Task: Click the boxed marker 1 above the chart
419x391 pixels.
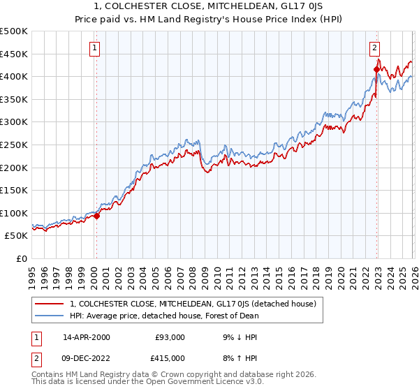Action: point(94,48)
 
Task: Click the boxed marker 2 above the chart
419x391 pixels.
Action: point(374,48)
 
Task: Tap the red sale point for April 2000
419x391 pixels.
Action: point(96,216)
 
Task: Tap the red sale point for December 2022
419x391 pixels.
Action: point(376,69)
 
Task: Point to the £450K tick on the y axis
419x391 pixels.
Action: point(14,54)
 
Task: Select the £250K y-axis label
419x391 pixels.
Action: point(14,145)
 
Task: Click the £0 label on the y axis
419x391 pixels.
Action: point(20,258)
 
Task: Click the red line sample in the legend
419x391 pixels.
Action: point(50,304)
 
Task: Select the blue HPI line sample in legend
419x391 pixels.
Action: point(50,316)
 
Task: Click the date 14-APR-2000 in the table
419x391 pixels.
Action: point(86,337)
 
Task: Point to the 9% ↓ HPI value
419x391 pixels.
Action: point(239,337)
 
